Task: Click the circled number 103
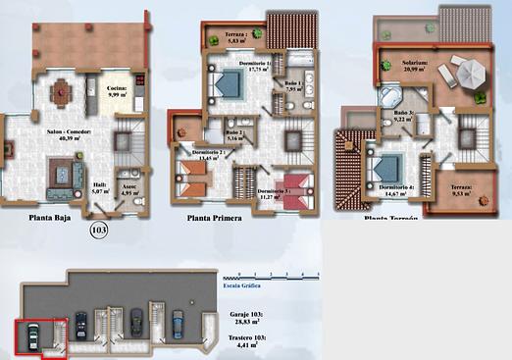tap(98, 231)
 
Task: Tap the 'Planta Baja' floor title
tap(55, 220)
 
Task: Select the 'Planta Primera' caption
tap(213, 220)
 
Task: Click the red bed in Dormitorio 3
tap(294, 182)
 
